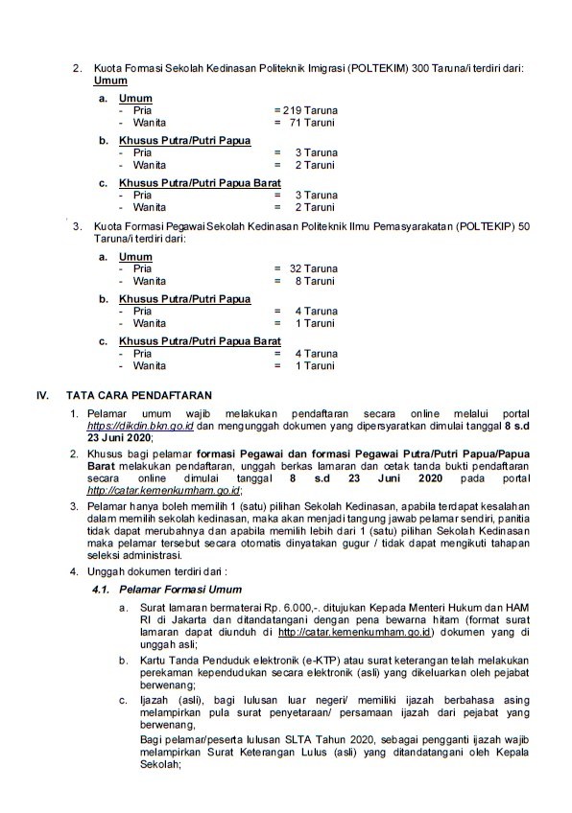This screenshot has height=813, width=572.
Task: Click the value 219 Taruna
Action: coord(310,110)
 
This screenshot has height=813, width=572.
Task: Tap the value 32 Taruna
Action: coord(313,269)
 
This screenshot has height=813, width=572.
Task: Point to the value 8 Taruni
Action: coord(315,283)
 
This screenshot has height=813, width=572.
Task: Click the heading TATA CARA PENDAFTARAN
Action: coord(140,395)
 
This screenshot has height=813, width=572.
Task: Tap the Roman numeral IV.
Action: coord(42,395)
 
